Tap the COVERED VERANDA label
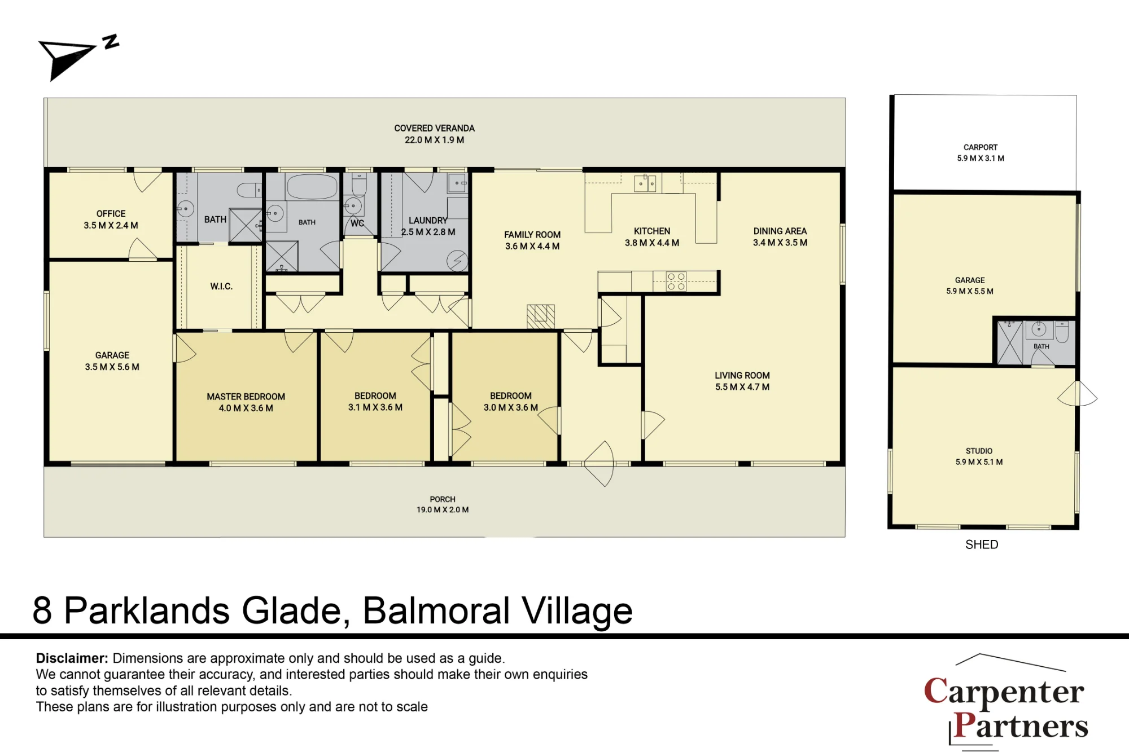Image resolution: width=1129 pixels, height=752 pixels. pos(434,129)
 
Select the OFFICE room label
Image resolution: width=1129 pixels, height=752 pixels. pos(111,214)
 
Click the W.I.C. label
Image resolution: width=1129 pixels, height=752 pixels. pos(221,287)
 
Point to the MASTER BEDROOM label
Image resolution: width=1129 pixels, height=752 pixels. pos(246,397)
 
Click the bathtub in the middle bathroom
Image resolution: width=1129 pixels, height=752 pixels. pos(312,186)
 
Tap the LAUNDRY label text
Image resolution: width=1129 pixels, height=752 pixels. pos(428,221)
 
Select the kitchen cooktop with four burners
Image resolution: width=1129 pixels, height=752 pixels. pos(676,282)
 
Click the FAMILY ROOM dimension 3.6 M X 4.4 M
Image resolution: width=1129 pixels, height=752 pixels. pos(532,247)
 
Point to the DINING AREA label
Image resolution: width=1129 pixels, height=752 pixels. pos(780,231)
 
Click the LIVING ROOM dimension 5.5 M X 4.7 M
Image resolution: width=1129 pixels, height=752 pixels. pos(742,387)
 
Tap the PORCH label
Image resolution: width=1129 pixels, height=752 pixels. pos(443,499)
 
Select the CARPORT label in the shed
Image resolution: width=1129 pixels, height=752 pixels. pos(981,147)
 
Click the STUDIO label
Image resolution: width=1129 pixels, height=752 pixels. pos(979,451)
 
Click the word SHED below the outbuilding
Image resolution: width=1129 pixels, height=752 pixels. pos(982,544)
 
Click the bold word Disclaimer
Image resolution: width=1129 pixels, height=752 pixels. pos(72,658)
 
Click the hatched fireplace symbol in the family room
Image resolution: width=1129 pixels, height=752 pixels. pos(541,316)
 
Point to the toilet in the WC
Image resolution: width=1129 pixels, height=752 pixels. pos(360,183)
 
